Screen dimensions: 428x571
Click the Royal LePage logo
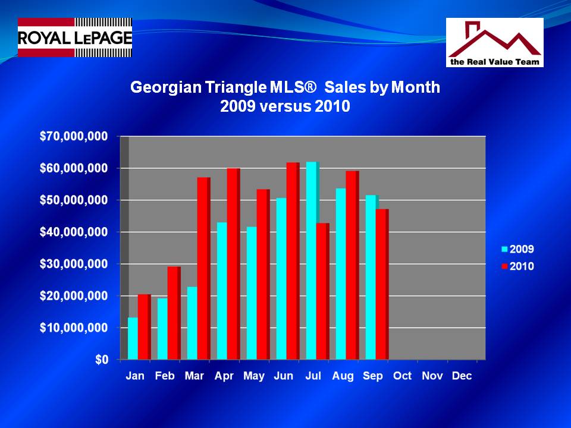(74, 37)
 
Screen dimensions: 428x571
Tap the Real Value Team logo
(494, 42)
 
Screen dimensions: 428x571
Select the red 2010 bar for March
(203, 268)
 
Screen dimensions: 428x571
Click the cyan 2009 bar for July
(312, 260)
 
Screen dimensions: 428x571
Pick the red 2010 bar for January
(144, 326)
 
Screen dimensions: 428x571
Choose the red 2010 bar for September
(382, 284)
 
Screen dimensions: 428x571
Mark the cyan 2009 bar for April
(222, 291)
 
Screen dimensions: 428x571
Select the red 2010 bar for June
(293, 261)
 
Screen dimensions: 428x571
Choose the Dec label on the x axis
(462, 376)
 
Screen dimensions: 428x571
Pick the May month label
(254, 376)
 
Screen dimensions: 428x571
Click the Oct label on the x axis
(403, 376)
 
